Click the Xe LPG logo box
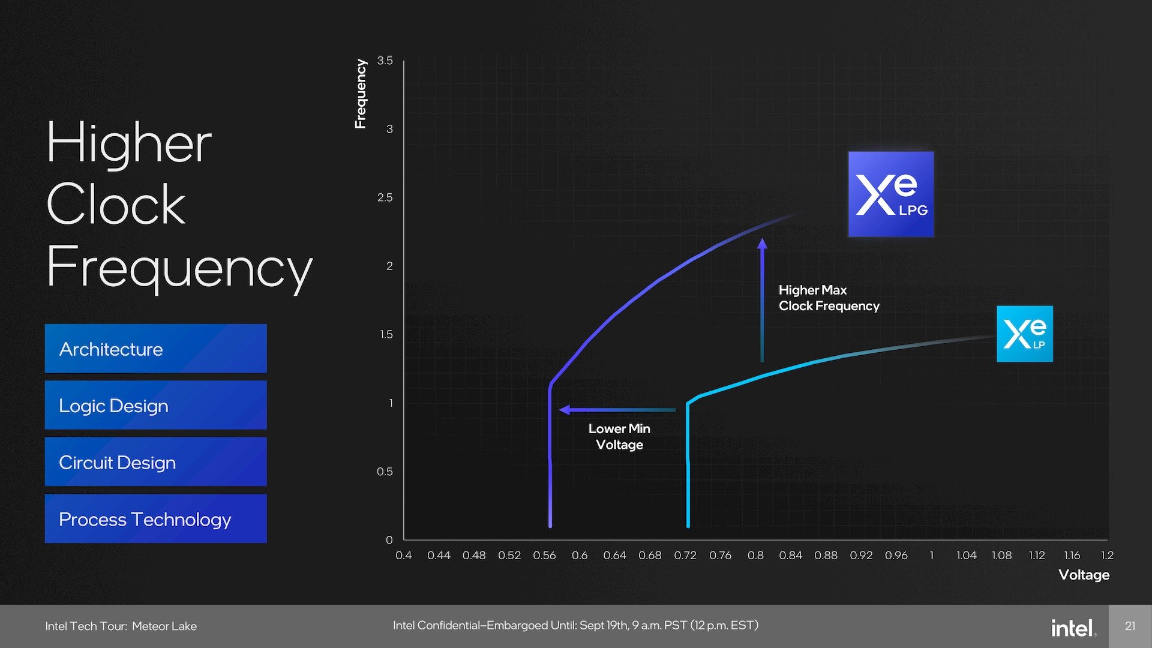pyautogui.click(x=890, y=194)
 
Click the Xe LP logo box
pyautogui.click(x=1024, y=334)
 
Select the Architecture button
pyautogui.click(x=155, y=349)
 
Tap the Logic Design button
pyautogui.click(x=155, y=405)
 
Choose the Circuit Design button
pyautogui.click(x=155, y=462)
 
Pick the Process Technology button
pyautogui.click(x=155, y=519)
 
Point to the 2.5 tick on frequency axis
pyautogui.click(x=385, y=197)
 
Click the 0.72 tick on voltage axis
pyautogui.click(x=685, y=556)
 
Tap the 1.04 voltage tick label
pyautogui.click(x=966, y=556)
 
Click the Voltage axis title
pyautogui.click(x=1084, y=575)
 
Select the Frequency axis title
pyautogui.click(x=360, y=94)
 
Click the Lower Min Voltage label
pyautogui.click(x=619, y=436)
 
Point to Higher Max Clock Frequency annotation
pyautogui.click(x=829, y=298)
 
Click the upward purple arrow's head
pyautogui.click(x=762, y=244)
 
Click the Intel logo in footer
pyautogui.click(x=1073, y=628)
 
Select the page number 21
pyautogui.click(x=1130, y=626)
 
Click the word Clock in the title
pyautogui.click(x=116, y=205)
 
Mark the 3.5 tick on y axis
pyautogui.click(x=385, y=61)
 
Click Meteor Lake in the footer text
pyautogui.click(x=164, y=626)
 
